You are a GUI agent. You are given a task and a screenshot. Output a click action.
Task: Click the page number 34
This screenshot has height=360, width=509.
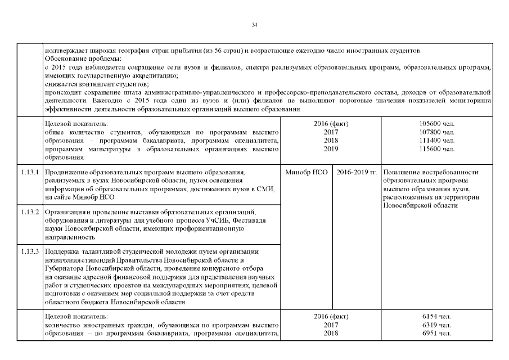tap(254, 25)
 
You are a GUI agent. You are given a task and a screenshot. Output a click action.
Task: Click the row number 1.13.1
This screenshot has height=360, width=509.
tap(29, 172)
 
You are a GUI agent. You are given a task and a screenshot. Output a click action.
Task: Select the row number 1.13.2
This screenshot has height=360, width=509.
tap(29, 212)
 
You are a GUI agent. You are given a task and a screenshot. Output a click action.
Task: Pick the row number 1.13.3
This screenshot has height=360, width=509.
tap(29, 251)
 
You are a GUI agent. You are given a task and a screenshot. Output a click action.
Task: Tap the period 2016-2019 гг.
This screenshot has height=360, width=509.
tap(357, 172)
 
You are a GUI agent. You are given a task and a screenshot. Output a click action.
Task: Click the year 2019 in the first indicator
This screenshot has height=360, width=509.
tap(331, 148)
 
